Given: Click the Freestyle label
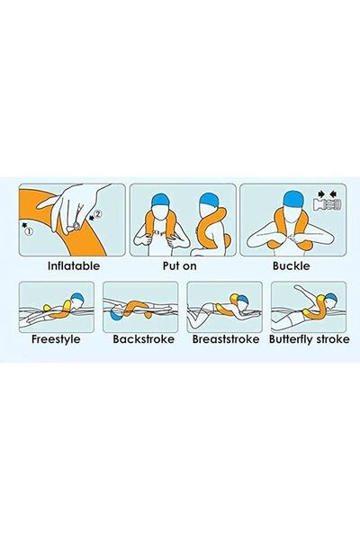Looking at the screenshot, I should (x=56, y=340).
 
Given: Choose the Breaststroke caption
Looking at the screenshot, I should (x=225, y=340).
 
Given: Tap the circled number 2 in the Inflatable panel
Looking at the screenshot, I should (x=99, y=215).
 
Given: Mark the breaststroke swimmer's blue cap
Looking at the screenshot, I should (x=241, y=301).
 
